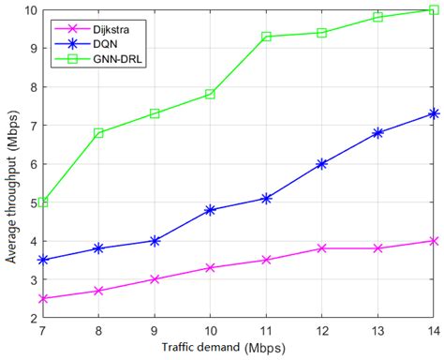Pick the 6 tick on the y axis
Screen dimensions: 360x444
tap(33, 164)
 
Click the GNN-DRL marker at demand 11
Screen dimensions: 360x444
tap(266, 37)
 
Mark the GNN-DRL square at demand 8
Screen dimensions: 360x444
tap(98, 133)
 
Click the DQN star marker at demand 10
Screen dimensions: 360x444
tap(210, 210)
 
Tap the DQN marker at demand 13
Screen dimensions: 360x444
tap(377, 133)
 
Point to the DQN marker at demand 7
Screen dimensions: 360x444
tap(43, 260)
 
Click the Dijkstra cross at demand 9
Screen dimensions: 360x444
tap(155, 279)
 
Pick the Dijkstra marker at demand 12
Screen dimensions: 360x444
tap(321, 248)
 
